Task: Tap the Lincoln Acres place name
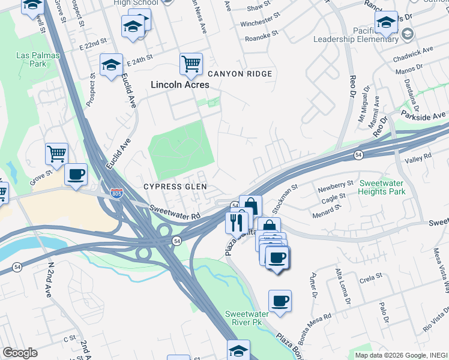pos(179,85)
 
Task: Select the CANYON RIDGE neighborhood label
pos(241,74)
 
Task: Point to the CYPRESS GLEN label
pos(175,187)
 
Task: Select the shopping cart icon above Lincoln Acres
pos(191,63)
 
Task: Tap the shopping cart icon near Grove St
pos(56,153)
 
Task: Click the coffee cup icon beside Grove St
pos(76,175)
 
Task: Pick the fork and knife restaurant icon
pos(235,222)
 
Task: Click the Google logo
pos(20,353)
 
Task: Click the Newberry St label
pos(336,185)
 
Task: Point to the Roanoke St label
pos(262,38)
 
